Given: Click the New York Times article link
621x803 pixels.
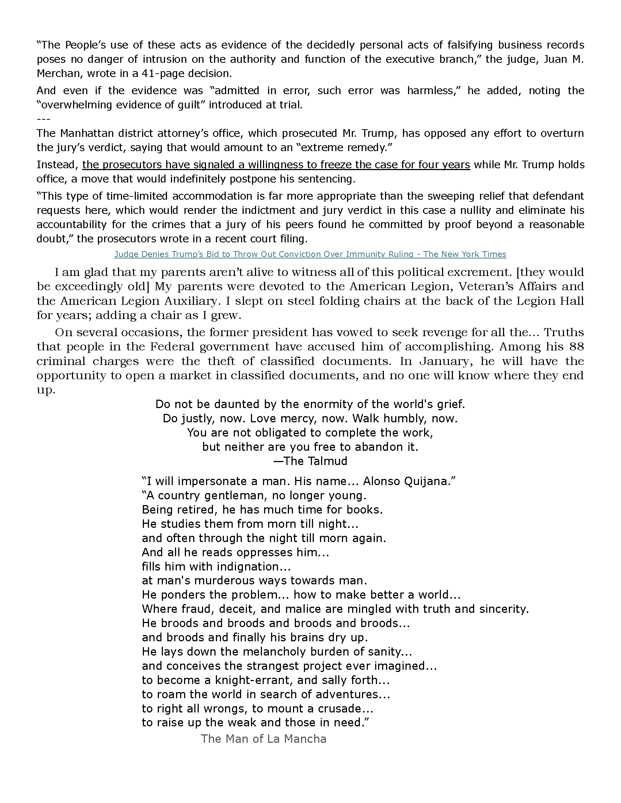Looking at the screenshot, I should point(310,254).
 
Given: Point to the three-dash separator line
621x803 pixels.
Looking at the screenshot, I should point(43,119).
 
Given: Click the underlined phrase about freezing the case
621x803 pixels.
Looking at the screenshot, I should point(276,165).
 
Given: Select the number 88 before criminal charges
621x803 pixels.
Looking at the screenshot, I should point(576,347).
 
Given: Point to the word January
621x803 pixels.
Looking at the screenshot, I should point(446,361).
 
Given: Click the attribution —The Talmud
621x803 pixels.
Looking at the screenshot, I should point(310,461).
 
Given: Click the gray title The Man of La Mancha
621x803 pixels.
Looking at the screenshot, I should point(263,739).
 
